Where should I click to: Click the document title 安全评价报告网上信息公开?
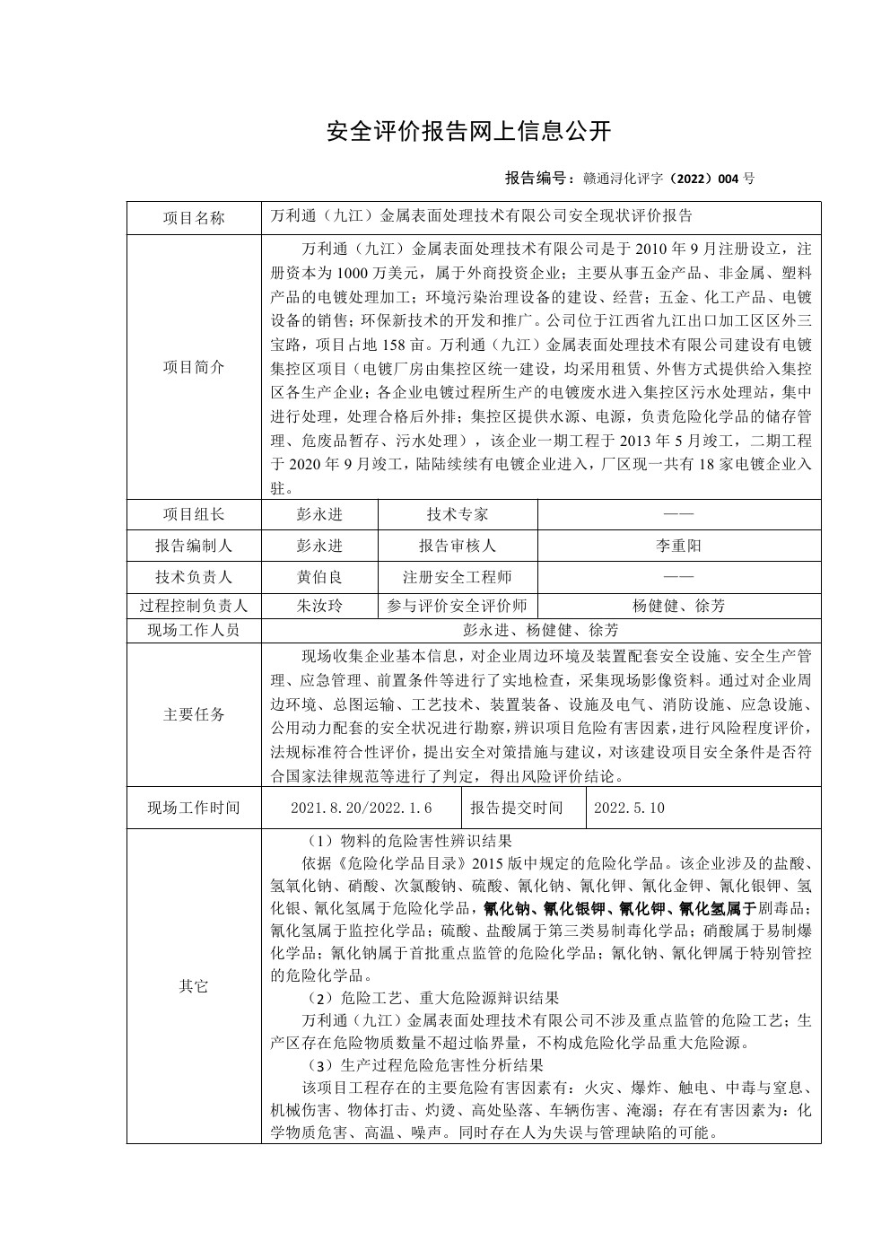468,132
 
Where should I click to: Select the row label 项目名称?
194,218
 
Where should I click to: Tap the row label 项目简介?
194,367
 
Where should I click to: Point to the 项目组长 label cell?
194,514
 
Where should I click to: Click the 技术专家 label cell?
458,514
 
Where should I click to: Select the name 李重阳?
679,546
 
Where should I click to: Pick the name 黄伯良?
319,577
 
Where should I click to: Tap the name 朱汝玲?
319,606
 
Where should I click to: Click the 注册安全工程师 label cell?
458,577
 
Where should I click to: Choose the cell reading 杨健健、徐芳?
679,606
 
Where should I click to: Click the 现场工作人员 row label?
194,630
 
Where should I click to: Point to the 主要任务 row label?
194,714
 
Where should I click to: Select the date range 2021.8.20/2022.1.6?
362,808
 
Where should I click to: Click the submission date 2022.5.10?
629,808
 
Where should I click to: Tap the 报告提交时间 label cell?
517,808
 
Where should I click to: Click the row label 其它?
194,986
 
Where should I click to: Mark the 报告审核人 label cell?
458,546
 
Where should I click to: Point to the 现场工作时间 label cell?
194,808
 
